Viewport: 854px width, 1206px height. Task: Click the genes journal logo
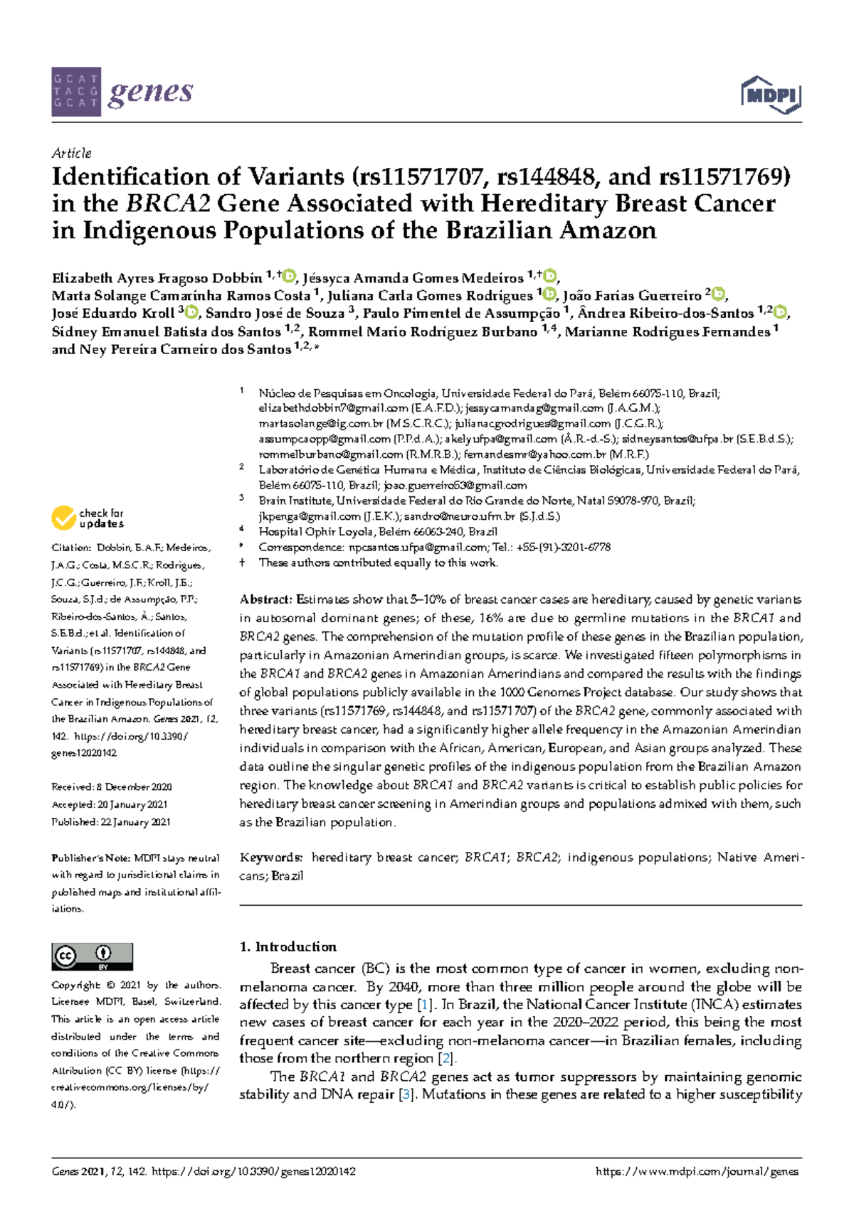(x=122, y=92)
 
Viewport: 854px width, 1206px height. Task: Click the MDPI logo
(x=771, y=95)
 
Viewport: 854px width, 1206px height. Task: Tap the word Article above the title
(x=71, y=153)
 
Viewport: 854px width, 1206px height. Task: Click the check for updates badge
(x=88, y=518)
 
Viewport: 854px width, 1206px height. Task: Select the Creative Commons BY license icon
(x=92, y=957)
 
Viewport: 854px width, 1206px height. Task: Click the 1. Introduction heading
(x=288, y=946)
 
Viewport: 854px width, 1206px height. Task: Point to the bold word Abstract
(x=265, y=599)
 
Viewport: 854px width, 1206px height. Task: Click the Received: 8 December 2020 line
(x=112, y=787)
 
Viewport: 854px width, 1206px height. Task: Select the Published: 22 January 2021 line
(x=111, y=822)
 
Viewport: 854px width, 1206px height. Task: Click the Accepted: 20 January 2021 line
(x=110, y=805)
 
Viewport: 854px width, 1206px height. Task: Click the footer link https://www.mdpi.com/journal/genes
(x=697, y=1172)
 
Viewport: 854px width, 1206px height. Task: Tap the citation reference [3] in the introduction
(x=406, y=1094)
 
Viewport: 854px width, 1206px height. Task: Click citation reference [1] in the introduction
(x=425, y=1005)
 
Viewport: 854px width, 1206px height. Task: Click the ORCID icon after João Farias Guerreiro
(x=719, y=294)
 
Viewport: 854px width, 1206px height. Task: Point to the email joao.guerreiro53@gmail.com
(x=455, y=486)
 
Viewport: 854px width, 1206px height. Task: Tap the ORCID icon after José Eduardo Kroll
(x=191, y=312)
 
